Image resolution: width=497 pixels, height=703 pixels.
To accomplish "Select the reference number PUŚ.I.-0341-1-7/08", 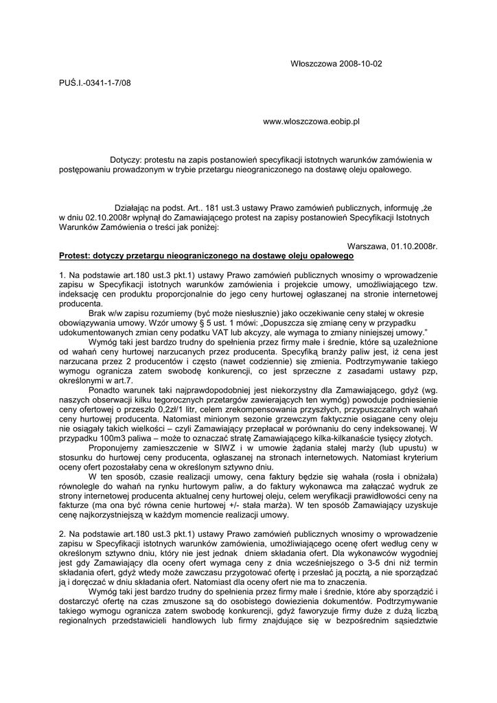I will (95, 83).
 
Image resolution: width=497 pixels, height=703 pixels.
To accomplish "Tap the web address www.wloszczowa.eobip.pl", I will (312, 122).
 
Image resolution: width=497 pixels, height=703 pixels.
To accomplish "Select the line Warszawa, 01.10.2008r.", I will (393, 245).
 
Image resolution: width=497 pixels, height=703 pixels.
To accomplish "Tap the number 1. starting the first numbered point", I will (62, 275).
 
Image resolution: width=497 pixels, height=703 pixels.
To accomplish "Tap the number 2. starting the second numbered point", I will (62, 533).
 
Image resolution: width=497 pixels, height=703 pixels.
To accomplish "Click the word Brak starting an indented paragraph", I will (97, 312).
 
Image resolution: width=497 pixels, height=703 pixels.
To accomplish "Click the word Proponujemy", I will (113, 447).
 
